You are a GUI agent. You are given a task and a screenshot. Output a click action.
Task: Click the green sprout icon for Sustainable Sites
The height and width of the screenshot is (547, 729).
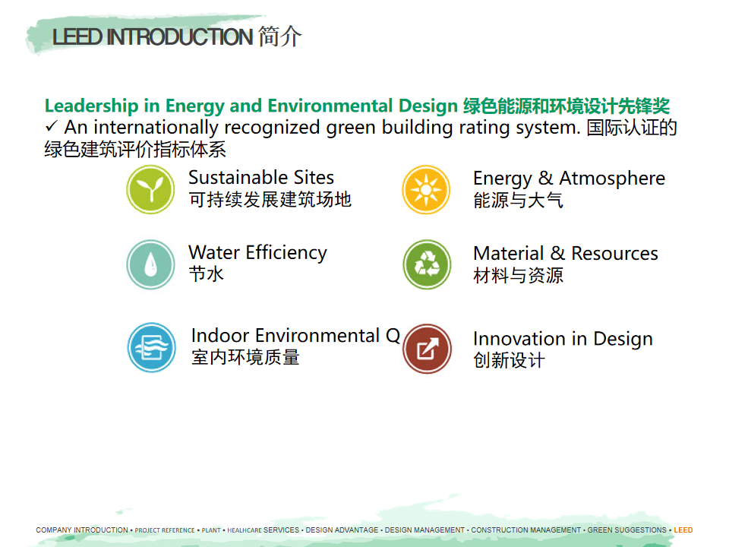click(150, 190)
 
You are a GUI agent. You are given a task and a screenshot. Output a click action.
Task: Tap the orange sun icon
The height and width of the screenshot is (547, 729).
click(426, 190)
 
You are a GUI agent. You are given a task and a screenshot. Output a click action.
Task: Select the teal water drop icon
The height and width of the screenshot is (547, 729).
click(150, 264)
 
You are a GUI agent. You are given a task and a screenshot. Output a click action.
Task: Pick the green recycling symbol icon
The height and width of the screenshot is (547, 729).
click(427, 264)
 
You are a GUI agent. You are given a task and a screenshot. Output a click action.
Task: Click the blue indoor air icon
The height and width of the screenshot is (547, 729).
click(152, 347)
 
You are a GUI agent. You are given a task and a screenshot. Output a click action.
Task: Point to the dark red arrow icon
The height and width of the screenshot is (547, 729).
click(428, 349)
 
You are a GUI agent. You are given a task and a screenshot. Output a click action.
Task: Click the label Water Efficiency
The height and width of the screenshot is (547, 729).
click(257, 253)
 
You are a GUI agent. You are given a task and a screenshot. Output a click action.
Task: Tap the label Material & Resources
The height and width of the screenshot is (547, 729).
click(565, 254)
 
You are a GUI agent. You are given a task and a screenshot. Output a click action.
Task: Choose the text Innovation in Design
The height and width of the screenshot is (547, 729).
click(563, 339)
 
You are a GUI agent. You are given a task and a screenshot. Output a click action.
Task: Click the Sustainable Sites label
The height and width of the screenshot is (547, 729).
click(260, 178)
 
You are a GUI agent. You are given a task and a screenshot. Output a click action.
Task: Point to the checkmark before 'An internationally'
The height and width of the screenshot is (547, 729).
click(51, 126)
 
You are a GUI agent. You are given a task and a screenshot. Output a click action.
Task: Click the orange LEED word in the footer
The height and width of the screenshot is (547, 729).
click(683, 530)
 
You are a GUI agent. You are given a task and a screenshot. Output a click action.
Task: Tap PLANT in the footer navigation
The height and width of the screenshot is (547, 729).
click(211, 530)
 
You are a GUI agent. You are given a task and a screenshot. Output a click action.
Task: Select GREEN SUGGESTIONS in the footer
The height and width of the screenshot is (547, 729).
click(626, 530)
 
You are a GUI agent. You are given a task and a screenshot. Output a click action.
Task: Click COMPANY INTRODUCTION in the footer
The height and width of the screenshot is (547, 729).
click(82, 530)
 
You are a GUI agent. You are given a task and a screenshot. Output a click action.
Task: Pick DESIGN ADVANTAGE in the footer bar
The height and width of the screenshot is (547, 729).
click(342, 530)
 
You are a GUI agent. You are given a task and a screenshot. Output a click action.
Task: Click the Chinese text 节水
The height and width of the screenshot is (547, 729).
click(206, 274)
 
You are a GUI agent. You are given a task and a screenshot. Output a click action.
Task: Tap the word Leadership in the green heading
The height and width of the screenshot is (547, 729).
click(92, 106)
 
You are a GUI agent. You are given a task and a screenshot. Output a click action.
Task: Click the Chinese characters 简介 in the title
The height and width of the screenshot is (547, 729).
click(280, 36)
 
